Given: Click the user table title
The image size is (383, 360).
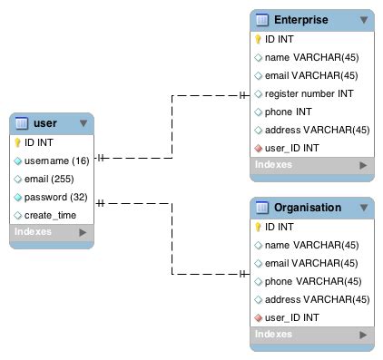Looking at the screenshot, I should [x=45, y=123].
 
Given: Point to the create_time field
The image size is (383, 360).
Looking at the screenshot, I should [x=50, y=215].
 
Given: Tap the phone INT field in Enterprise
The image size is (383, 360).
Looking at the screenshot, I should [x=289, y=112].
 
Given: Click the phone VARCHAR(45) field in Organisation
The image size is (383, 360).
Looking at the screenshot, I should [x=312, y=281].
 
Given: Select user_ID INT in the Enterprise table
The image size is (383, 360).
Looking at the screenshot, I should [x=291, y=148].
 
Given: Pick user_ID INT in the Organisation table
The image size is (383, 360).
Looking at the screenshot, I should [x=291, y=317].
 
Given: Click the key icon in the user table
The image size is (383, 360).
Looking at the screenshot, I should [x=17, y=142].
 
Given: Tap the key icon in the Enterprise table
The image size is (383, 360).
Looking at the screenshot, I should [x=258, y=40].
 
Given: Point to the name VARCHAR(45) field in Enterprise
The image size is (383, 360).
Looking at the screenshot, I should [x=312, y=57].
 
